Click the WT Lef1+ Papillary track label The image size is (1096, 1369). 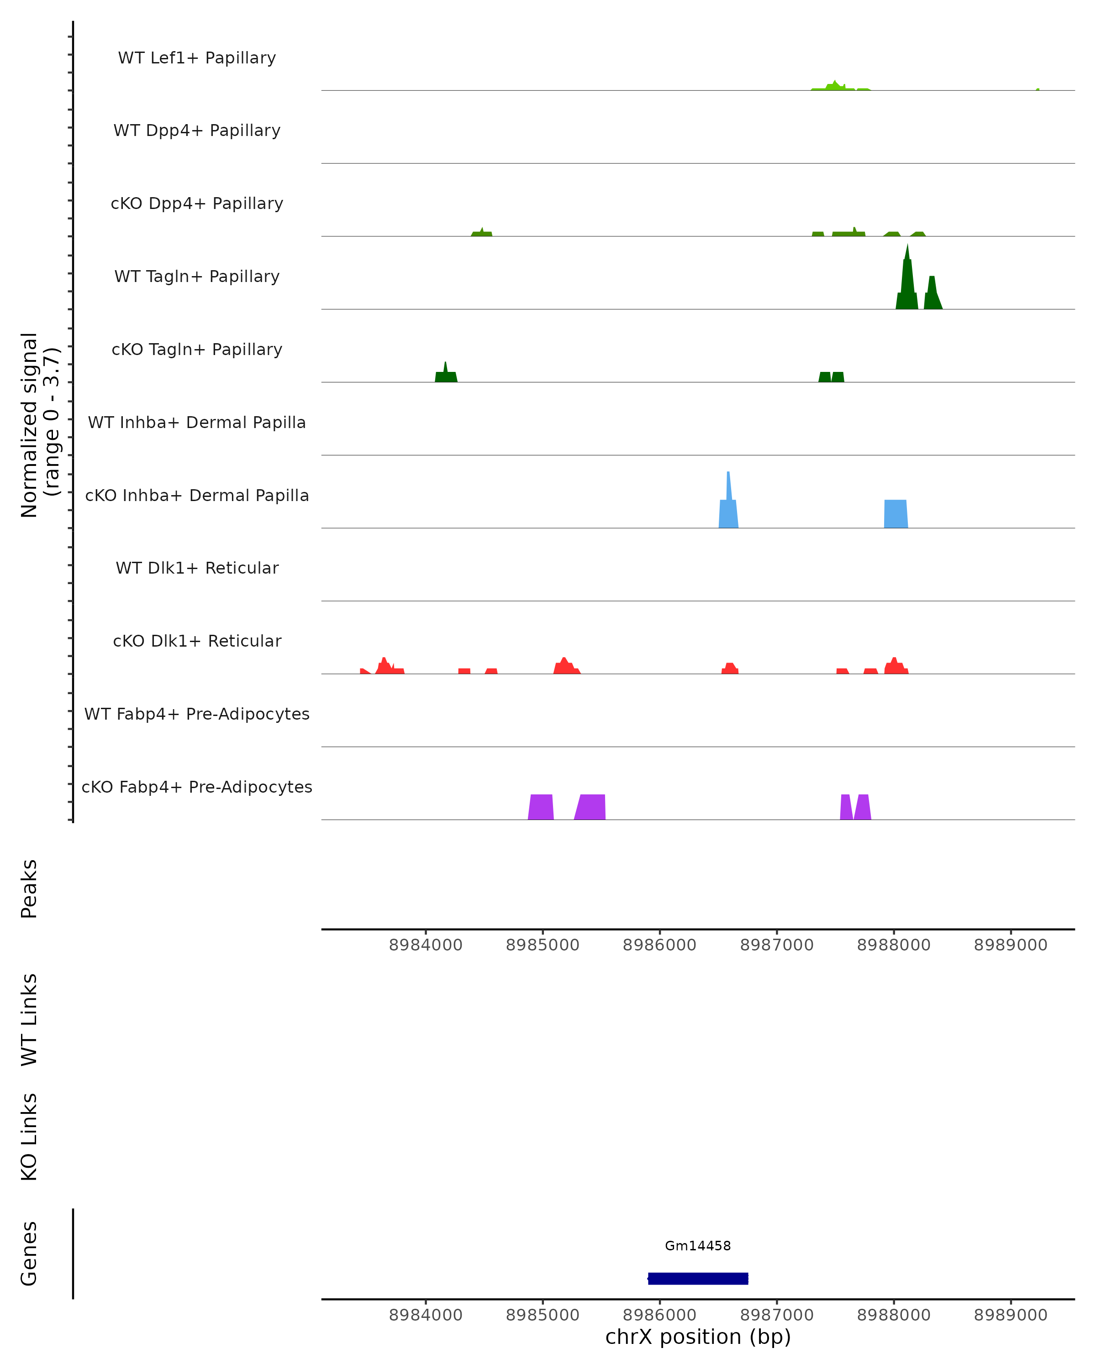tap(197, 58)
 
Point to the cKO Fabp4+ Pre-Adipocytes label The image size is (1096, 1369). tap(197, 787)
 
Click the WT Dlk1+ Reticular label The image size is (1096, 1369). tap(197, 568)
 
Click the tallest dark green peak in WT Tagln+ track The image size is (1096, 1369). tap(907, 279)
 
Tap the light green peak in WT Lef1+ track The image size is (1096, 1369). tap(835, 86)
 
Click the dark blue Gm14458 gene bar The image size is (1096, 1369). tap(698, 1278)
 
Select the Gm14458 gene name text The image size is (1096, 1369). tap(698, 1246)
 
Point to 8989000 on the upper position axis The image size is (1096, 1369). tap(1010, 945)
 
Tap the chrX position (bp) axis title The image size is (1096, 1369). tap(698, 1337)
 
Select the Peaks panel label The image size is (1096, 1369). tap(29, 888)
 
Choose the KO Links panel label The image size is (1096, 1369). tap(29, 1137)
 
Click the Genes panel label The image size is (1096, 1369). tap(29, 1254)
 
